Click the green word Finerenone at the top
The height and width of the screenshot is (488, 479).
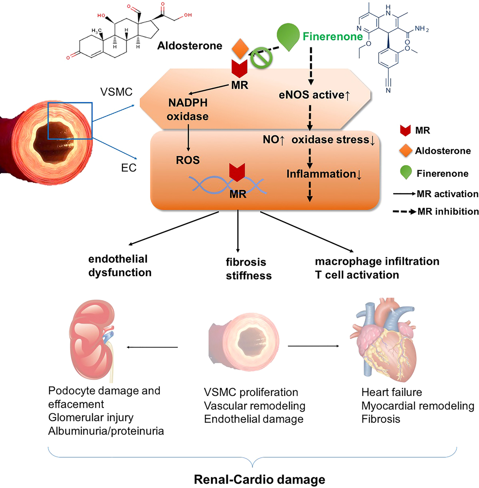coord(333,37)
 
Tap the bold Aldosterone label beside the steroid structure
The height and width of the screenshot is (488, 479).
coord(190,46)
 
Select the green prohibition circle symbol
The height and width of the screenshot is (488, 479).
coord(261,58)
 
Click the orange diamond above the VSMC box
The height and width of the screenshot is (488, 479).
coord(240,49)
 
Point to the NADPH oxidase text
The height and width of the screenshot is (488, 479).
coord(188,109)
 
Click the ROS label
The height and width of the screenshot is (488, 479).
coord(188,160)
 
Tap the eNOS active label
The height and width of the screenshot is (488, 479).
coord(314,95)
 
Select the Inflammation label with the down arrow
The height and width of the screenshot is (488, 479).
coord(324,174)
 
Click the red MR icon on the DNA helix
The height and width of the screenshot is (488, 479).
coord(237,172)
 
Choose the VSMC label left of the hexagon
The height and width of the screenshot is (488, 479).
coord(116,92)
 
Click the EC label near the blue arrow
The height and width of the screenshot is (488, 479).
coord(129,168)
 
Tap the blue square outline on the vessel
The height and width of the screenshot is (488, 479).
coord(70,121)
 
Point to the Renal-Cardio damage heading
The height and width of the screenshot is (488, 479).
coord(259,479)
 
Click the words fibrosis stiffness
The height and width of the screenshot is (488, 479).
coord(248,269)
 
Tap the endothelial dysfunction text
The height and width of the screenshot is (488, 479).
coord(120,266)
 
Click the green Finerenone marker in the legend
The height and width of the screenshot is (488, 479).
coord(406,172)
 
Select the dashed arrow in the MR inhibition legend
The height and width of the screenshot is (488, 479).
coord(404,211)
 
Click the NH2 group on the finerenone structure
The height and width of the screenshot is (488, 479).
coord(422,29)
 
